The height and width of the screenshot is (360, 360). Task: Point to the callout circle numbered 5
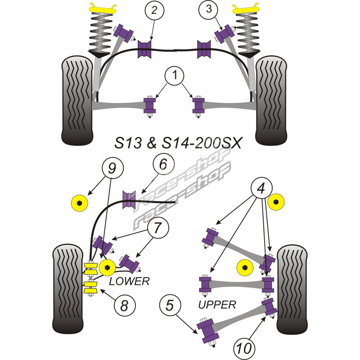coord(169,306)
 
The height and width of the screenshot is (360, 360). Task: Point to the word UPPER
coord(217,305)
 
